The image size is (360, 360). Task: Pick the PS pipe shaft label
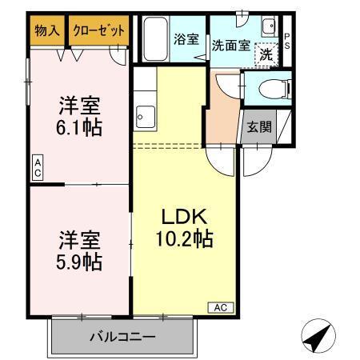(x=286, y=41)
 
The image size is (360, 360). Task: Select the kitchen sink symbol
(x=144, y=118)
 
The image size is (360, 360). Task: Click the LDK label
(x=186, y=217)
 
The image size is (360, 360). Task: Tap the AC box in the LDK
(x=222, y=306)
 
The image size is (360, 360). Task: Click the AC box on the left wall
(x=38, y=167)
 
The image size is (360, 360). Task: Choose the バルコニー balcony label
(x=122, y=337)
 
